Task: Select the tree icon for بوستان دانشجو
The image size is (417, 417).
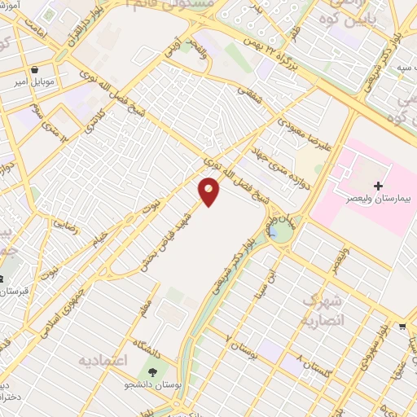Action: coord(152,372)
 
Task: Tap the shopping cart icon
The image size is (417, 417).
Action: coord(402,327)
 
